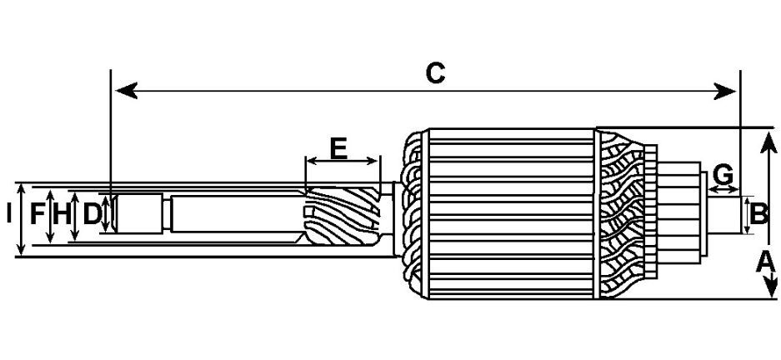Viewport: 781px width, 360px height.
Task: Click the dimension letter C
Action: tap(435, 73)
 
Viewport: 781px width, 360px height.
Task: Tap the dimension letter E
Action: tap(338, 148)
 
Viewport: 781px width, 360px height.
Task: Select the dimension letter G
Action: tap(723, 175)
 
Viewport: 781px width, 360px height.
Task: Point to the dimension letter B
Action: tap(758, 215)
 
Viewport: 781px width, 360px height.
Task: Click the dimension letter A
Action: tap(765, 262)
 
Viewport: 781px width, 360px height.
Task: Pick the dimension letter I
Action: tap(9, 215)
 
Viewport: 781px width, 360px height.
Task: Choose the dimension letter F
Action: tap(38, 215)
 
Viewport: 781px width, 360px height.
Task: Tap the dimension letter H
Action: tap(62, 215)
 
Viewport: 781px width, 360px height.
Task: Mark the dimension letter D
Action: tap(92, 215)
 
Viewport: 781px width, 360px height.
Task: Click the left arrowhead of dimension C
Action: tap(126, 91)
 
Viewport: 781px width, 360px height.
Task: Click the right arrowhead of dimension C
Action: tap(725, 91)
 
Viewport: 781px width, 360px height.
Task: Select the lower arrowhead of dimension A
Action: tap(770, 286)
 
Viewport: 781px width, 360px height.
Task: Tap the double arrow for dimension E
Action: tap(343, 161)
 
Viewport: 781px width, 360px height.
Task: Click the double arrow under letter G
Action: tap(723, 188)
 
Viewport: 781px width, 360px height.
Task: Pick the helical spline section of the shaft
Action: tap(341, 217)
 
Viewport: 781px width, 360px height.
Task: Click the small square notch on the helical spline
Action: tap(309, 212)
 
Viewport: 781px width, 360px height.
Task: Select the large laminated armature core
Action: tap(512, 213)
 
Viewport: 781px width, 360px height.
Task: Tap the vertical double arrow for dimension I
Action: tap(21, 219)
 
